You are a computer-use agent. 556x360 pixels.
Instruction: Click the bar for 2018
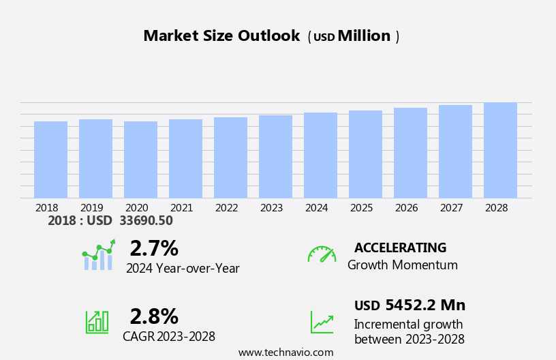50,160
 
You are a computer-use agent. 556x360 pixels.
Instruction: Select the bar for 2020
140,160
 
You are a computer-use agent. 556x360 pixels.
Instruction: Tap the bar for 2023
275,157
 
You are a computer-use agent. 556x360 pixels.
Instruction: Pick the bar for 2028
500,151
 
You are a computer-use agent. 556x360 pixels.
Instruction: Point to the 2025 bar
365,155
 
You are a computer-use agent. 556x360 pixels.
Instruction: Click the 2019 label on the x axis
92,207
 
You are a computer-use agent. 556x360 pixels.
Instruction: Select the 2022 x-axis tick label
227,207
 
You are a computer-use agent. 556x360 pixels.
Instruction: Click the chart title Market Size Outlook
221,36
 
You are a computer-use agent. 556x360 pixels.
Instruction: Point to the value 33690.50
146,221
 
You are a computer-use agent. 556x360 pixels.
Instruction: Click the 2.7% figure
154,248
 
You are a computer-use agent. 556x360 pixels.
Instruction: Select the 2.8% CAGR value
154,316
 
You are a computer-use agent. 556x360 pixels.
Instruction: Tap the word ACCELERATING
400,248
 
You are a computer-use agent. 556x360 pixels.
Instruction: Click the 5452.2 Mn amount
425,305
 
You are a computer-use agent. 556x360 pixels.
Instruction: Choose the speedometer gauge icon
322,254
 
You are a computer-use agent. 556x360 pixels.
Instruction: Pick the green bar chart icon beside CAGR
97,321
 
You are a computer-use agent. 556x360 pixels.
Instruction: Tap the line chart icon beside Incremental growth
322,322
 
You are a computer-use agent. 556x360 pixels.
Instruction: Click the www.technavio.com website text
285,352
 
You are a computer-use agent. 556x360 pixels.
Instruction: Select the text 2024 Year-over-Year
183,269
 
